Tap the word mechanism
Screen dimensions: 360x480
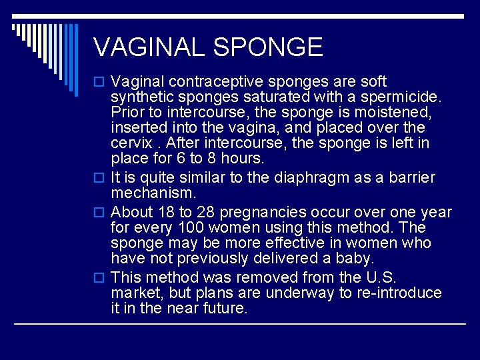coord(153,193)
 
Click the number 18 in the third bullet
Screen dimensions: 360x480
coord(164,213)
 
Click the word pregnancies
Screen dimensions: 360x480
coord(261,213)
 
